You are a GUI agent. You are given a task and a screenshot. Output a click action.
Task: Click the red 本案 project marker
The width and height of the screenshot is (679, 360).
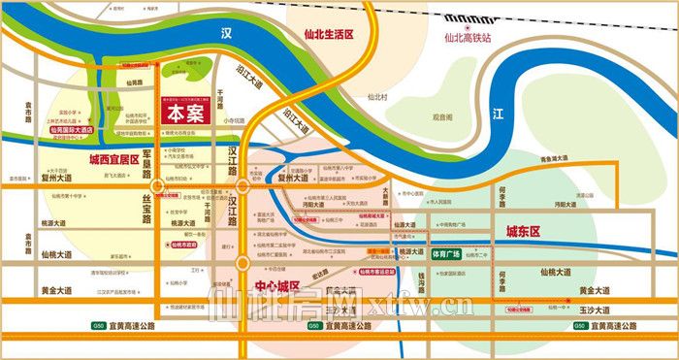(x=193, y=111)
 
